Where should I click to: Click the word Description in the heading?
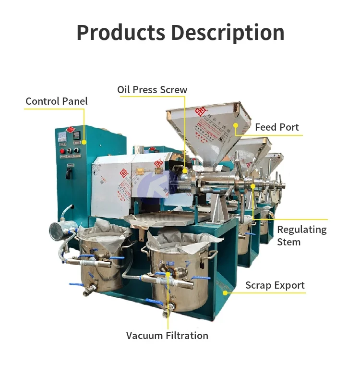coord(228,32)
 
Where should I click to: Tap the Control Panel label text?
coord(57,101)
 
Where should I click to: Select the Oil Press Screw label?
coord(152,90)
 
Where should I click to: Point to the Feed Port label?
coord(277,127)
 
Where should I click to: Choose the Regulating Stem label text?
coord(301,235)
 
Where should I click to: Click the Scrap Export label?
coord(275,285)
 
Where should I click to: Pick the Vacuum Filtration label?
coord(167,335)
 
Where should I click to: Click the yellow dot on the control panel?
coord(84,142)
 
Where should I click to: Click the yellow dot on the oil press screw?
coord(184,170)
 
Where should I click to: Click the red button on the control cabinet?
coord(62,151)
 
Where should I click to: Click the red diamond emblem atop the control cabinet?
coord(69,129)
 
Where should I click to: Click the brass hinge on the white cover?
coord(140,170)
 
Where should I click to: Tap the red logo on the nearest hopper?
coord(200,112)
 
